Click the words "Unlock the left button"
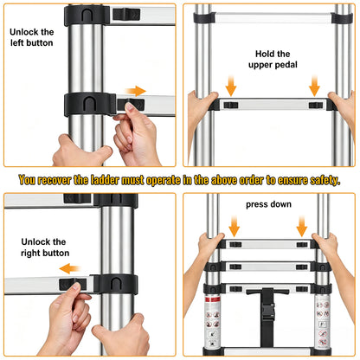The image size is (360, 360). point(32,37)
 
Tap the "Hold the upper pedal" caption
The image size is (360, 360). point(273,59)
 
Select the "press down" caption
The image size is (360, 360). point(268,204)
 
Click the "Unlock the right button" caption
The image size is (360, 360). point(45,247)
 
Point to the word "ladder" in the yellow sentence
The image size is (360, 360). point(105,180)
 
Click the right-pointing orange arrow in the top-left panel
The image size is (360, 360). point(136,91)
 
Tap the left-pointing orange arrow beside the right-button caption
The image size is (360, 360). point(69,268)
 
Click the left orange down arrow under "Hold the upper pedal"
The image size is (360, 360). point(231,86)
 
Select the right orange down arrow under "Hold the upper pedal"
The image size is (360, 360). point(314,86)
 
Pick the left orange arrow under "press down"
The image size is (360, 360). point(234,227)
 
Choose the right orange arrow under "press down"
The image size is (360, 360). point(302,227)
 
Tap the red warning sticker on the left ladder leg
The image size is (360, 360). point(212,299)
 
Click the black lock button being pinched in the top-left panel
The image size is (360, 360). point(131,104)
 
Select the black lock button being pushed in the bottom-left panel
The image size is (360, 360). point(73,284)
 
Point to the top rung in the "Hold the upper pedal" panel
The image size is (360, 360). point(273,18)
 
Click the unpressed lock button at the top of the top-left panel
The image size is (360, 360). point(126,14)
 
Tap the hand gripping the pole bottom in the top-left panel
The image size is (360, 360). point(80,151)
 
